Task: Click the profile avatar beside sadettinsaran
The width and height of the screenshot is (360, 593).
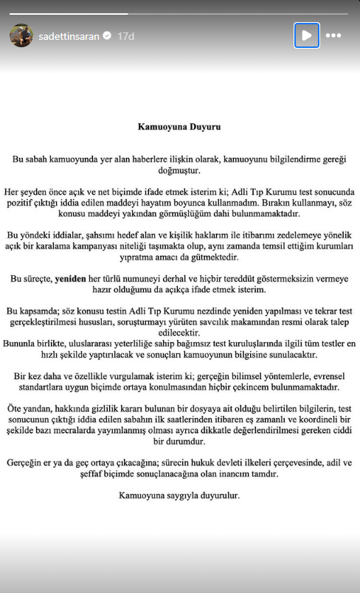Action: [x=21, y=35]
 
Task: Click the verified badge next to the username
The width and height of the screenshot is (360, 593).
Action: [x=107, y=35]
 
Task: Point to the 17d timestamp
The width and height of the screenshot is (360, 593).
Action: [x=126, y=35]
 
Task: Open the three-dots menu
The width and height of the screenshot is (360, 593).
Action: [x=333, y=35]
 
